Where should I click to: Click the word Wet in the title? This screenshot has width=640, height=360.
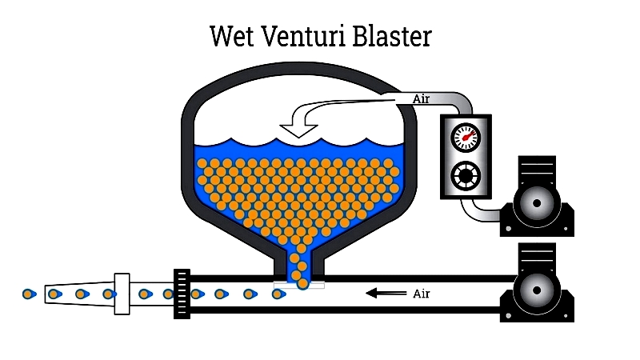pyautogui.click(x=232, y=36)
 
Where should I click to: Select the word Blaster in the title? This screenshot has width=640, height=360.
pyautogui.click(x=392, y=36)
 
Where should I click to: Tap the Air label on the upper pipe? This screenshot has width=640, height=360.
pyautogui.click(x=422, y=98)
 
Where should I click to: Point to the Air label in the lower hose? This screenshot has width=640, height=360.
pyautogui.click(x=422, y=294)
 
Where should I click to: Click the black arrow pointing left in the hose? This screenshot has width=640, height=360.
pyautogui.click(x=386, y=293)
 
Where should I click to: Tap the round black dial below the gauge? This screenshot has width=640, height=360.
pyautogui.click(x=466, y=176)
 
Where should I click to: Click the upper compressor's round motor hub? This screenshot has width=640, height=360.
pyautogui.click(x=537, y=203)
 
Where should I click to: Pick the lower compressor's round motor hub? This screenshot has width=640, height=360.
pyautogui.click(x=537, y=290)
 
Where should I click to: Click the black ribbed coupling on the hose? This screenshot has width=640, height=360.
pyautogui.click(x=182, y=294)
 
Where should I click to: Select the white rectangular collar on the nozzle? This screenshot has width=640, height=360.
pyautogui.click(x=122, y=294)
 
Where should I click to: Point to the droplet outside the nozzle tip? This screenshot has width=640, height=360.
pyautogui.click(x=29, y=294)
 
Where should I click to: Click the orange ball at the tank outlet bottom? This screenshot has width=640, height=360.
pyautogui.click(x=303, y=284)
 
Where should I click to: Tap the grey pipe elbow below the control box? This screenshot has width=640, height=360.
pyautogui.click(x=478, y=211)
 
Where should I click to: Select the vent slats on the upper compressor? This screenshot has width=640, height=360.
pyautogui.click(x=537, y=168)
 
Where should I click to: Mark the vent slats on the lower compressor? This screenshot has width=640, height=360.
pyautogui.click(x=537, y=255)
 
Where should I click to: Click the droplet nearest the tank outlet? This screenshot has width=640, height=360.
pyautogui.click(x=278, y=294)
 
